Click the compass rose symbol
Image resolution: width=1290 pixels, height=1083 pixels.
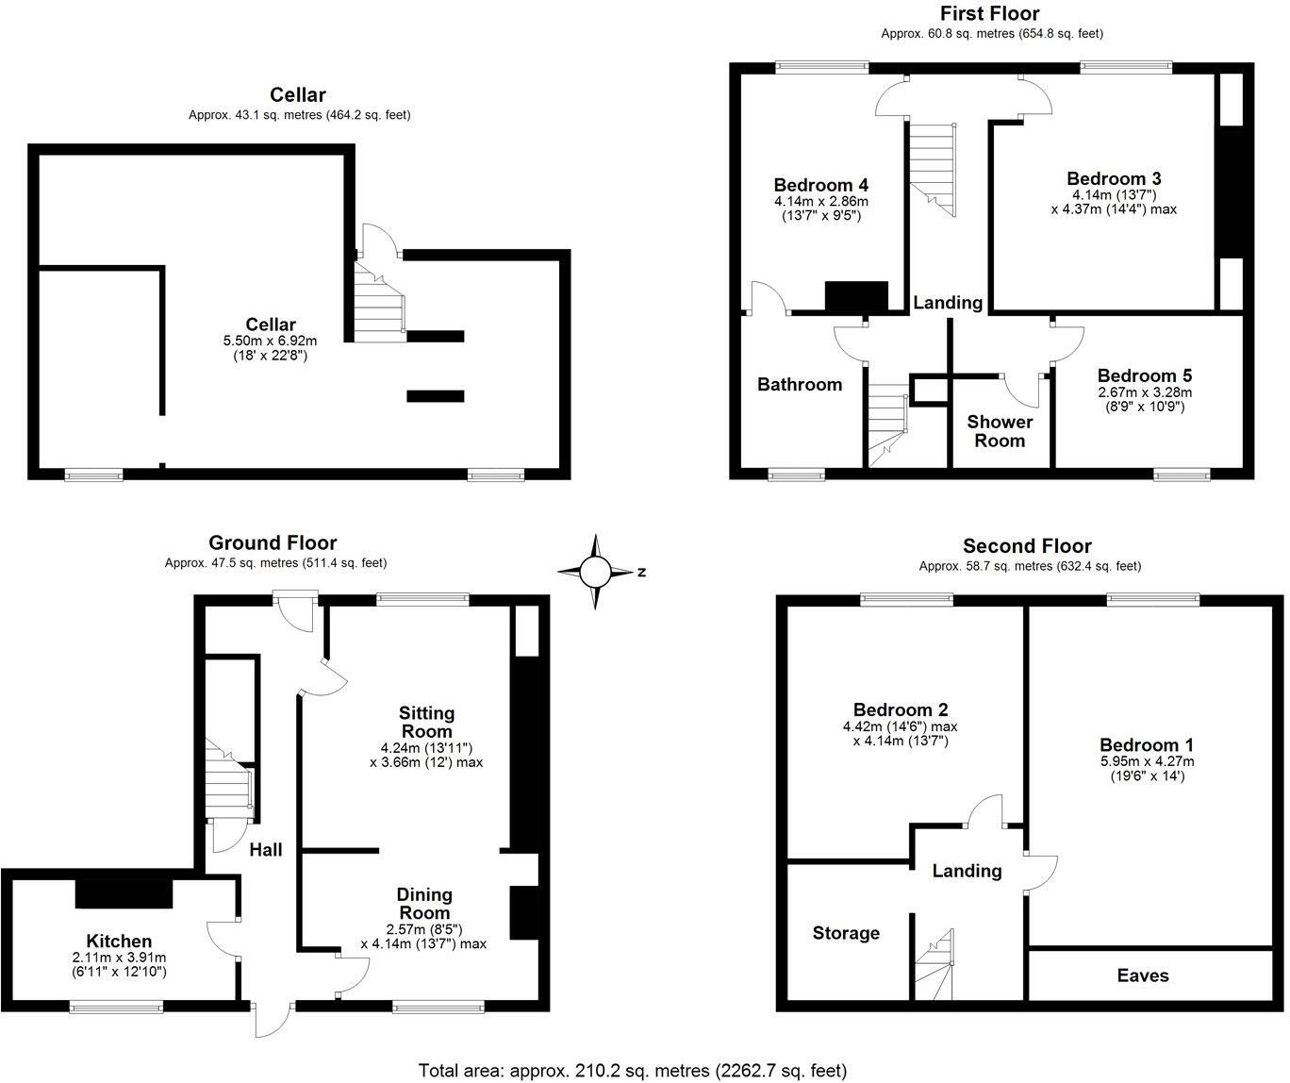coord(595,572)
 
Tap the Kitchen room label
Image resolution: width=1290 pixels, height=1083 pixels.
coord(119,941)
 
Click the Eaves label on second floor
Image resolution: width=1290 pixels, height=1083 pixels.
coord(1143,975)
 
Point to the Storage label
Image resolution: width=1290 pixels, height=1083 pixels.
coord(846,933)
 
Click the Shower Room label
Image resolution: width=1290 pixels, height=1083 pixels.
coord(1000,431)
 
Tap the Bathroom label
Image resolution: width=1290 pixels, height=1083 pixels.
coord(800,384)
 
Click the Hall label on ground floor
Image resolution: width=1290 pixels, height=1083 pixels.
coord(266,850)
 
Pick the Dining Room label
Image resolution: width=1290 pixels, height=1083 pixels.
coord(424,903)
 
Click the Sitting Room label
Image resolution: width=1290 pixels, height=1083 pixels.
coord(426,722)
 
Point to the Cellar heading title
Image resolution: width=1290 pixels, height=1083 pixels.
coord(298,94)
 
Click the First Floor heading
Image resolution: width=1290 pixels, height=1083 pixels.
coord(990,13)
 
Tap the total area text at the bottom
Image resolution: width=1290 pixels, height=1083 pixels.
coord(633,1070)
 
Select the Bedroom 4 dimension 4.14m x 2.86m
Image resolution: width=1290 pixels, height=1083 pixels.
coord(820,201)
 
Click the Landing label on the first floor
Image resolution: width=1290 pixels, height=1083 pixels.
coord(948,303)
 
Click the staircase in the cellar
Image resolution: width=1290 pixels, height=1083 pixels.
coord(380,303)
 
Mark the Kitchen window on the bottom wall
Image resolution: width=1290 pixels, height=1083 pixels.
coord(116,1008)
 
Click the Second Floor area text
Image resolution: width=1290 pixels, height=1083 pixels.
coord(1030,566)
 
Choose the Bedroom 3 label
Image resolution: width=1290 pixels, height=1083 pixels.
coord(1114,178)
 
